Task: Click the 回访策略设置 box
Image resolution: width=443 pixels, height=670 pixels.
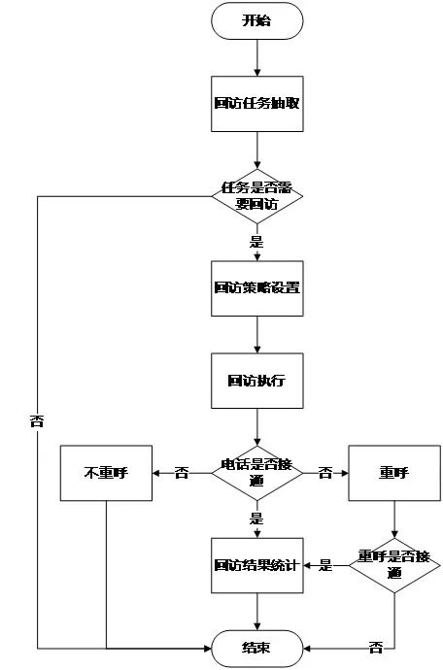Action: tap(257, 287)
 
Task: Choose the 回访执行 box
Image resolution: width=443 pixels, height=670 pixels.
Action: tap(257, 381)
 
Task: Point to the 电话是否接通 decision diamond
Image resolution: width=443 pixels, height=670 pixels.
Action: tap(257, 472)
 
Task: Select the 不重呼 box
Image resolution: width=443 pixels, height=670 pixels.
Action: tap(107, 473)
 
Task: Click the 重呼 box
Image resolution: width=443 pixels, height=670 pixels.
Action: tap(394, 473)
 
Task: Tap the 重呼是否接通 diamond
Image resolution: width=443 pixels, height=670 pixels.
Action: tap(394, 564)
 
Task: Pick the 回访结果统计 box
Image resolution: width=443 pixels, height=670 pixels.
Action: tap(257, 564)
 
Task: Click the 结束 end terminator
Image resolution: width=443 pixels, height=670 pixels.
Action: tap(257, 647)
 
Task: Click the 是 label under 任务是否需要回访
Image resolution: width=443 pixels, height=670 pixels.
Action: tap(256, 242)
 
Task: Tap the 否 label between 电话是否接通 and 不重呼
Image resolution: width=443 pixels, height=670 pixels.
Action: tap(182, 473)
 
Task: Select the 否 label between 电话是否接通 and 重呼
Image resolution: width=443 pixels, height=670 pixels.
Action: tap(325, 473)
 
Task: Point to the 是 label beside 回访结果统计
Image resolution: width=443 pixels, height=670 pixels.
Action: tap(325, 564)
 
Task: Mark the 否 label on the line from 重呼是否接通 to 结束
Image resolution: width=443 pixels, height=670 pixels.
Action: tap(375, 647)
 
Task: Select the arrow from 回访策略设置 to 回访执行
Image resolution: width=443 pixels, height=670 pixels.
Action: tap(257, 334)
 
